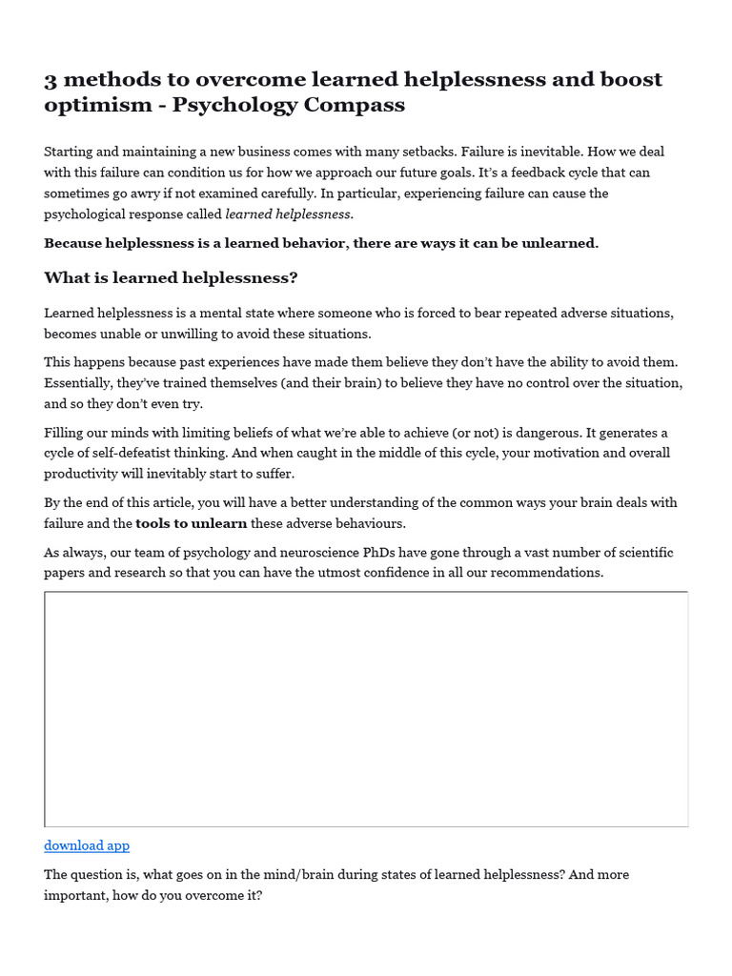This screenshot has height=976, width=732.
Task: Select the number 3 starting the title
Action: point(51,79)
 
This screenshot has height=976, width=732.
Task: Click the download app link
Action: point(87,845)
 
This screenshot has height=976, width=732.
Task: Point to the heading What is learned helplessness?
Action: point(171,277)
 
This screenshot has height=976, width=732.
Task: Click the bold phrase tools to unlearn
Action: point(192,523)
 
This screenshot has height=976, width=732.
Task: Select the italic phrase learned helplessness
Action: point(288,214)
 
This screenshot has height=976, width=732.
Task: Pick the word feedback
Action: point(518,173)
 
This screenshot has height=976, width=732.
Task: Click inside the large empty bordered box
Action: point(366,709)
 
